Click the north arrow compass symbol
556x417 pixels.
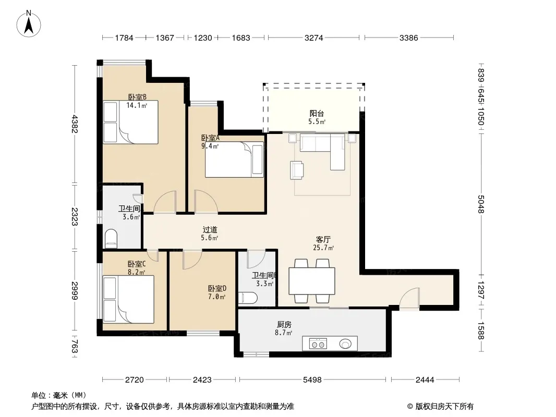[x=29, y=23]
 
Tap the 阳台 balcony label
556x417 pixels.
[x=317, y=114]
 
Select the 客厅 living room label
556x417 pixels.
[x=323, y=239]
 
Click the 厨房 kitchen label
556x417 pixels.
[x=284, y=324]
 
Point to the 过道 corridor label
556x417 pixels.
[x=210, y=229]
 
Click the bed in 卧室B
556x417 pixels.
[x=130, y=122]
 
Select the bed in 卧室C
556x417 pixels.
[x=128, y=299]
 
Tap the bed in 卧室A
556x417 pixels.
[x=234, y=160]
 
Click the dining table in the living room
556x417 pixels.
[x=312, y=281]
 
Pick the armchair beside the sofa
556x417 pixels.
[x=297, y=170]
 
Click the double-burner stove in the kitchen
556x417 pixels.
[x=318, y=344]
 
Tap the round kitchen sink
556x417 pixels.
[x=345, y=344]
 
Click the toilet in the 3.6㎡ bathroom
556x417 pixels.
[x=111, y=238]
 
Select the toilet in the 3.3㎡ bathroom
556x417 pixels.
[x=248, y=298]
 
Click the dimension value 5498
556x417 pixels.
[x=312, y=380]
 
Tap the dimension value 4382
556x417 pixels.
[x=74, y=124]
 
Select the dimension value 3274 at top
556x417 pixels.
[x=314, y=38]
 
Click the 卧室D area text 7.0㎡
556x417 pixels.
[x=216, y=297]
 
